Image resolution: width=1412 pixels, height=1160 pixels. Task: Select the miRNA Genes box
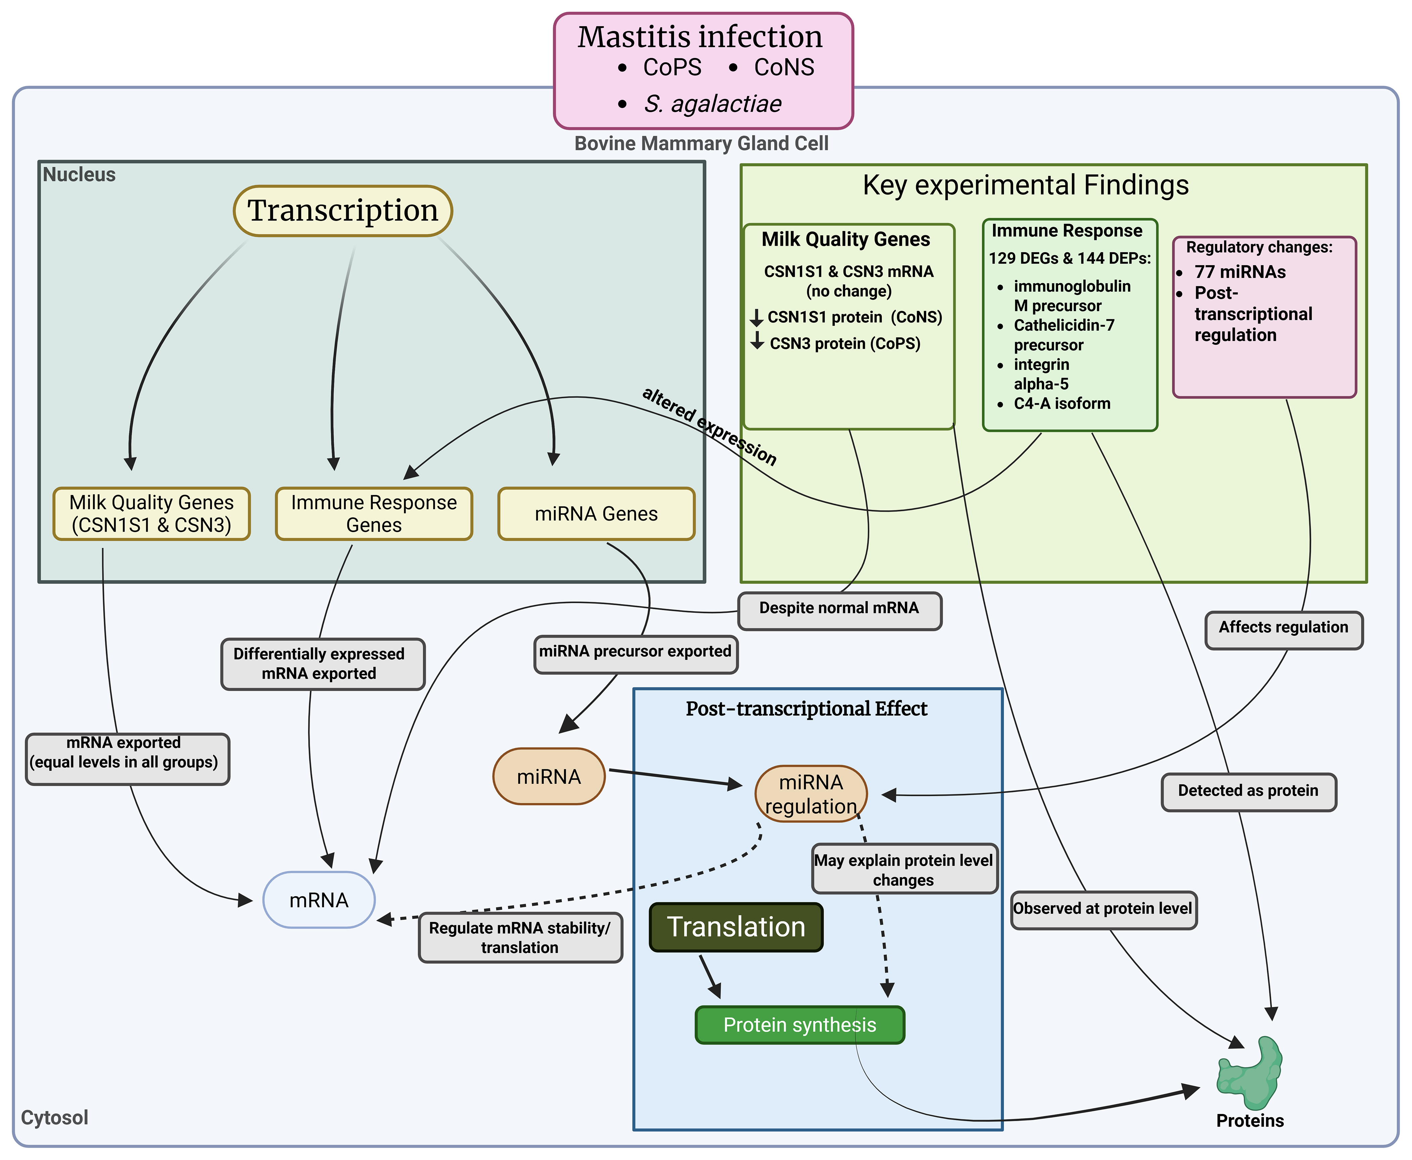click(x=596, y=514)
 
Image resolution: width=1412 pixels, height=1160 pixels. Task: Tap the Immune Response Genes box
click(x=374, y=514)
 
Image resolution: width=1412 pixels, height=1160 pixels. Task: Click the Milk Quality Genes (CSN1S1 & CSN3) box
click(x=152, y=514)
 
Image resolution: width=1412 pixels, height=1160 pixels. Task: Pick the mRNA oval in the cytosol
click(x=319, y=900)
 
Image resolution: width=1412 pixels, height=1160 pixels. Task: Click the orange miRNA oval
click(x=549, y=776)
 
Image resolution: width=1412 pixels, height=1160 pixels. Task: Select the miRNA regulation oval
click(x=811, y=794)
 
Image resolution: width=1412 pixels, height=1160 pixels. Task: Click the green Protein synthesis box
click(x=800, y=1025)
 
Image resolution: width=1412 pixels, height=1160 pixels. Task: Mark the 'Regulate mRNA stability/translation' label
click(x=520, y=937)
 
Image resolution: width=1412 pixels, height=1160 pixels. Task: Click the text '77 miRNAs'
click(x=1240, y=272)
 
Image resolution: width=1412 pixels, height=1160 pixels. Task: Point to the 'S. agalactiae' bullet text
click(x=713, y=104)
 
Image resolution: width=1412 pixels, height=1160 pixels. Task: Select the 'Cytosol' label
click(x=55, y=1117)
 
